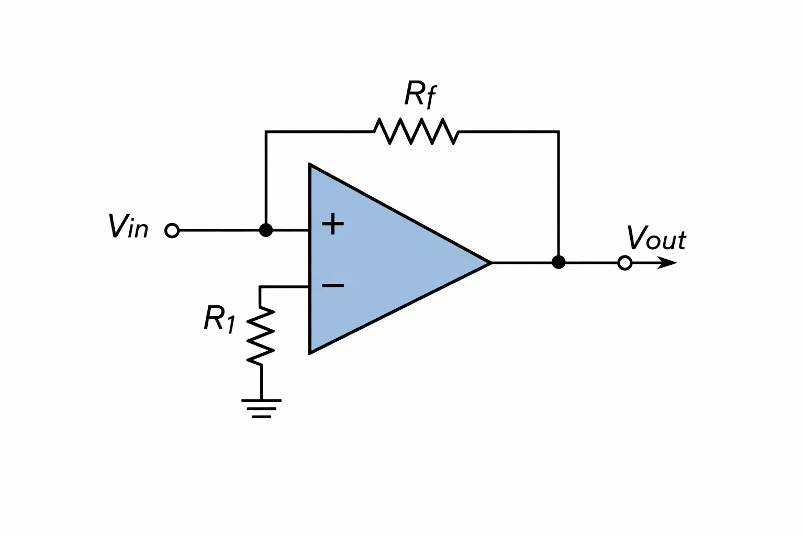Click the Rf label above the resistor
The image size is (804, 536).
pyautogui.click(x=420, y=94)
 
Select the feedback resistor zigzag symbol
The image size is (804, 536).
pyautogui.click(x=416, y=131)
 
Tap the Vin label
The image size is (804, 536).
pyautogui.click(x=128, y=226)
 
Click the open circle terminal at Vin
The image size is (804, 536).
pyautogui.click(x=172, y=230)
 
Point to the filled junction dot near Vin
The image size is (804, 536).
pyautogui.click(x=265, y=230)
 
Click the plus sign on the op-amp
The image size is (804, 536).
pyautogui.click(x=333, y=224)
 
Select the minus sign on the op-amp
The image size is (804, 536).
pyautogui.click(x=333, y=285)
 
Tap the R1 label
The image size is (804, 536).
pyautogui.click(x=219, y=319)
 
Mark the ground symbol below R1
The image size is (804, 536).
pyautogui.click(x=261, y=409)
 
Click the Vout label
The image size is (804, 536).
pyautogui.click(x=656, y=238)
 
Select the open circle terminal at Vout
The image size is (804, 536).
pyautogui.click(x=625, y=263)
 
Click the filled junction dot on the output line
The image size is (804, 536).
pyautogui.click(x=559, y=262)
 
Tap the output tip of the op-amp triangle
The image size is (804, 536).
pyautogui.click(x=491, y=263)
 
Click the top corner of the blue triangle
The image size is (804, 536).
pyautogui.click(x=309, y=164)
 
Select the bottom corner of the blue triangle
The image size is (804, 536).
pyautogui.click(x=309, y=354)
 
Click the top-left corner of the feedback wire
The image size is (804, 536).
pyautogui.click(x=266, y=132)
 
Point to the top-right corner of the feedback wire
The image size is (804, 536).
pyautogui.click(x=559, y=132)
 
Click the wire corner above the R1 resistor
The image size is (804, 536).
pyautogui.click(x=260, y=287)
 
